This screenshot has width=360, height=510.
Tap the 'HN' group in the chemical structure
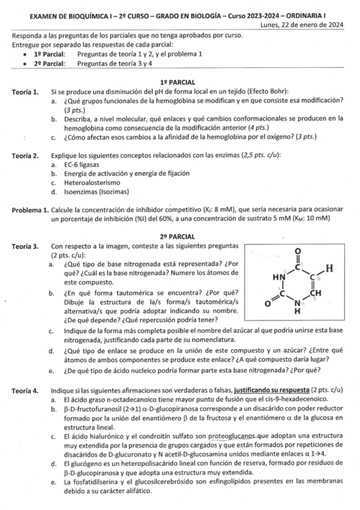coord(277,277)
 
